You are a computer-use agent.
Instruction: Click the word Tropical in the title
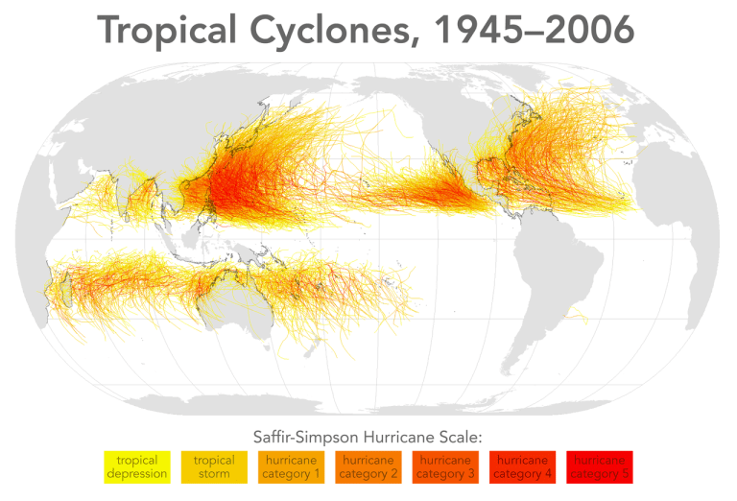tap(166, 31)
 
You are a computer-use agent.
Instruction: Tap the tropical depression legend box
tap(136, 467)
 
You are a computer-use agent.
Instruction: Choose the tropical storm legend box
tap(213, 467)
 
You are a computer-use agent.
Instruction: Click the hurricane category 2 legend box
tap(368, 467)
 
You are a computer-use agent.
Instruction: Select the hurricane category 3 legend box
tap(444, 467)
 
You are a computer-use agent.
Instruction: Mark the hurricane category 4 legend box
tap(522, 467)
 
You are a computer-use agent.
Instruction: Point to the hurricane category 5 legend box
tap(599, 467)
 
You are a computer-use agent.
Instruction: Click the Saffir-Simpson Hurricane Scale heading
tap(368, 436)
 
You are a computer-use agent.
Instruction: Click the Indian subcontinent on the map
tap(134, 192)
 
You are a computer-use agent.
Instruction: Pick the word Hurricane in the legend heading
tap(394, 436)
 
